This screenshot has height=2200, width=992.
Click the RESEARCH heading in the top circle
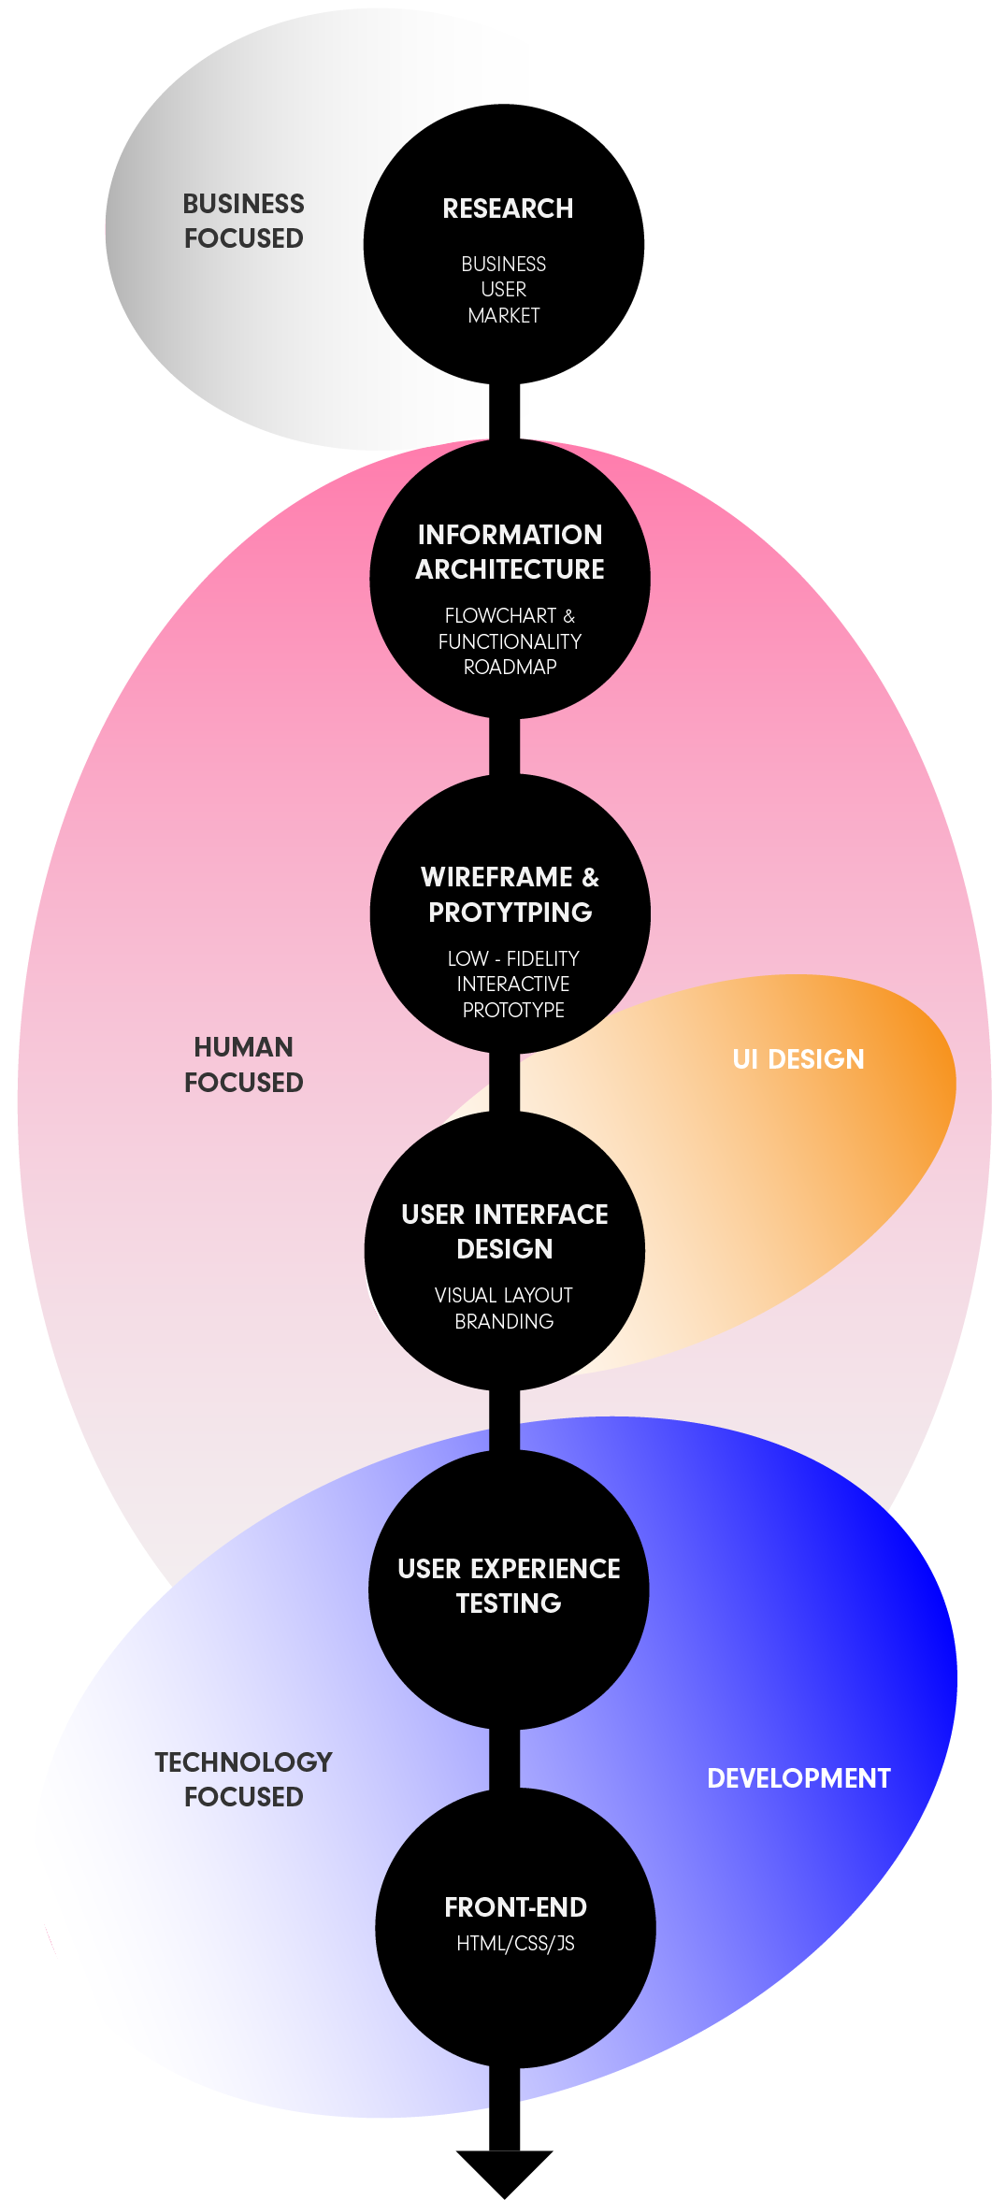(508, 208)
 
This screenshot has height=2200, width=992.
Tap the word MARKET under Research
(504, 316)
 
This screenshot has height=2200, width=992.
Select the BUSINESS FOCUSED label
(243, 221)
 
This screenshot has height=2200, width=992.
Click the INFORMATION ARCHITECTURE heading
(510, 552)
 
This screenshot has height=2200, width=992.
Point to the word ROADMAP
(510, 667)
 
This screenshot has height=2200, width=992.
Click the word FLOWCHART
(500, 616)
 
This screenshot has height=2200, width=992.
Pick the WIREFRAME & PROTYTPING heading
(510, 894)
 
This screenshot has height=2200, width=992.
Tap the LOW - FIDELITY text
(513, 958)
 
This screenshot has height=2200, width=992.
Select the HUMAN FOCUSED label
(243, 1064)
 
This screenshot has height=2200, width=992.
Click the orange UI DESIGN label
(798, 1059)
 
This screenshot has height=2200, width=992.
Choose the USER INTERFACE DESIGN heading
(505, 1231)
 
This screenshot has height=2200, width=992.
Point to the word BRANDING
(504, 1321)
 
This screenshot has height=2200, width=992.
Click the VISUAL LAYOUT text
(504, 1295)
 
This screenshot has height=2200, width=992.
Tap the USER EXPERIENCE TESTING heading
(509, 1586)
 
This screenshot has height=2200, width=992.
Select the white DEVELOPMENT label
(798, 1778)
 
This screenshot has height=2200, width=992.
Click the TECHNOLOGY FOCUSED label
(243, 1779)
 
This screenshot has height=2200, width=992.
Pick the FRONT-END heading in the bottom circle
(515, 1907)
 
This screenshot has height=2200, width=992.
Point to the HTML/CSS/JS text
(515, 1944)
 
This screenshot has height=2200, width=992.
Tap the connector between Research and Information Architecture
(504, 411)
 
